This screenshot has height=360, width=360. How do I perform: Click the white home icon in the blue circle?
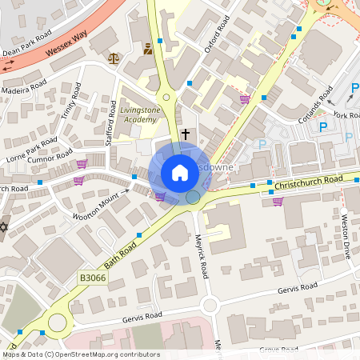(180, 173)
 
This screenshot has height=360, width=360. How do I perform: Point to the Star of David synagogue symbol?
(2, 228)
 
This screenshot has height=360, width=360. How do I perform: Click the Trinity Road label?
(70, 102)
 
